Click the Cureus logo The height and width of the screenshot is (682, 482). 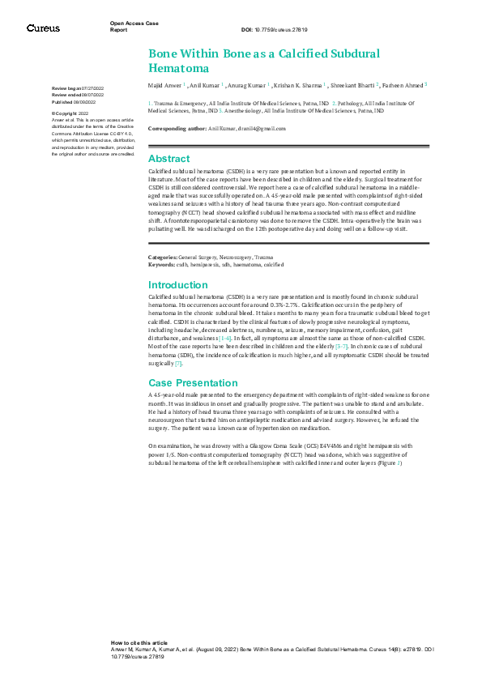point(43,28)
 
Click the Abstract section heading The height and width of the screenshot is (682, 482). point(168,159)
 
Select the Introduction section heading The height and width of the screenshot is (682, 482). point(178,285)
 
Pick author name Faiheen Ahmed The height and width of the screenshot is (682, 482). point(402,83)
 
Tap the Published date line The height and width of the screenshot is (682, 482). point(78,103)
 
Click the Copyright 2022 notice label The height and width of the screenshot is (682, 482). point(72,114)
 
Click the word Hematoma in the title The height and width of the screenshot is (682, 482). point(179,68)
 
